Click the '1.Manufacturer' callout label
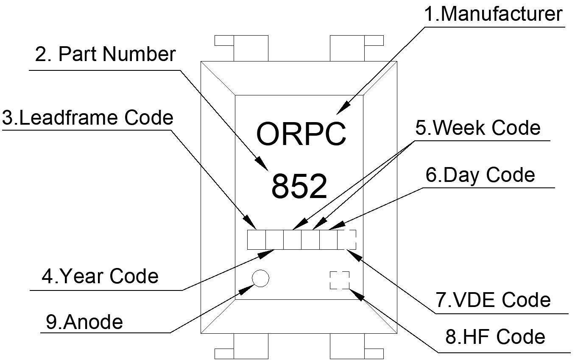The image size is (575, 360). click(x=493, y=14)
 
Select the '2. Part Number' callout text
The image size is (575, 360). click(x=105, y=54)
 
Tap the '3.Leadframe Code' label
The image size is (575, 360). click(x=88, y=117)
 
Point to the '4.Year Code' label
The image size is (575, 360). click(x=100, y=276)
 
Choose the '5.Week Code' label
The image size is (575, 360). click(x=478, y=128)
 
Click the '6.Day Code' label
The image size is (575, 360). click(x=480, y=175)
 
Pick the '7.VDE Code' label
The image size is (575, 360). click(x=493, y=300)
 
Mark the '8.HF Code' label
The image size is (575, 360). click(x=495, y=337)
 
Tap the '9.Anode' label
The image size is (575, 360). click(x=84, y=322)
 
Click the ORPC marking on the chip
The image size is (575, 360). click(x=301, y=134)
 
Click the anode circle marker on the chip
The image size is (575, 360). click(x=260, y=278)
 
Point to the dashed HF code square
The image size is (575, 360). click(x=340, y=280)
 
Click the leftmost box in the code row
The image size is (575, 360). click(x=256, y=240)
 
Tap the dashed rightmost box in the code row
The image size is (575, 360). click(x=346, y=240)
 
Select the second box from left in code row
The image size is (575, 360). click(x=274, y=240)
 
